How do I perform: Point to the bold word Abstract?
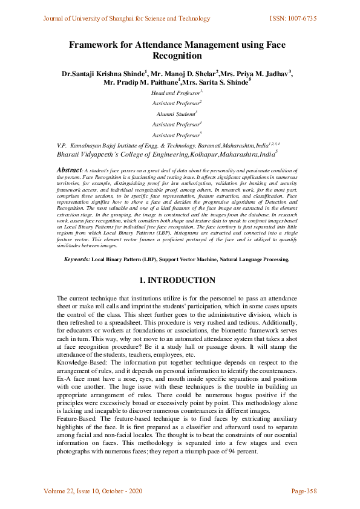[69, 171]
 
